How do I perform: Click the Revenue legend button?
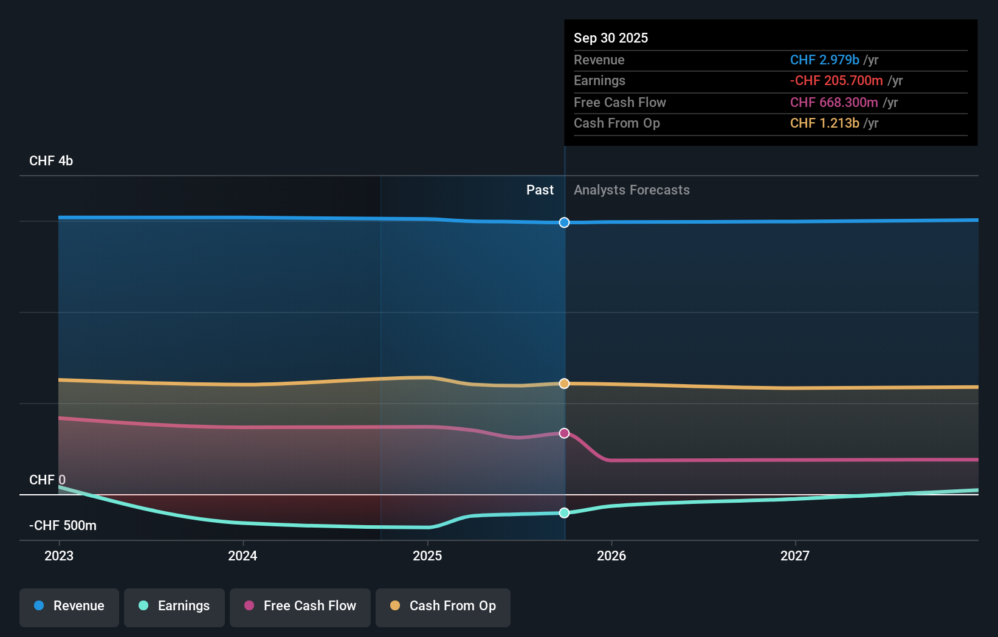69,607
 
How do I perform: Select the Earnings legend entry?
174,607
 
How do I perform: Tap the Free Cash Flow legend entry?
300,607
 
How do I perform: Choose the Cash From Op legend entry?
443,607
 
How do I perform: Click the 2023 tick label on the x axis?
59,556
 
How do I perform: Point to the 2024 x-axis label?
243,556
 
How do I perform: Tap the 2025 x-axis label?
427,556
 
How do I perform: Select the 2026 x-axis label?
611,556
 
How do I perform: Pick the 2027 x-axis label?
795,556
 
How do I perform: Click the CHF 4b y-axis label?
51,161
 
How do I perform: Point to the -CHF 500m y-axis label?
63,526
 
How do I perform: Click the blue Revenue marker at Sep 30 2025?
564,222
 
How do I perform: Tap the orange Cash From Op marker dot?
564,384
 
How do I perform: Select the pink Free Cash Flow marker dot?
564,433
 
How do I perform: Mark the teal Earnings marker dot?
564,513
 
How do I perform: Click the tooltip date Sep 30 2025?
611,38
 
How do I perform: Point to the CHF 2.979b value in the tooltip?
824,60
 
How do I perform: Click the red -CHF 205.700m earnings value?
836,81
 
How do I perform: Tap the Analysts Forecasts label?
631,190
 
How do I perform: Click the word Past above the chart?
540,190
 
